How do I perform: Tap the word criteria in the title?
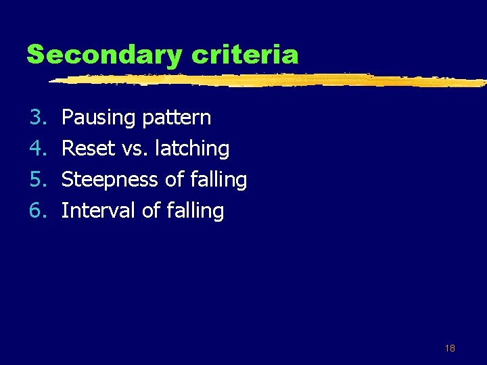[x=246, y=54]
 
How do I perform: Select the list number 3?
[x=37, y=118]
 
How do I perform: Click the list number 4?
[x=37, y=148]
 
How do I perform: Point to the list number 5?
[x=37, y=180]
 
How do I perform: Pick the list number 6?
[x=37, y=211]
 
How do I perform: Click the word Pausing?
[x=99, y=118]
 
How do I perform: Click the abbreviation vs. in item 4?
[x=133, y=149]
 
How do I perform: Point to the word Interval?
[x=99, y=211]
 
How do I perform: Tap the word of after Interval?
[x=151, y=211]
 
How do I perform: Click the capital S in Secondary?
[x=36, y=54]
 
